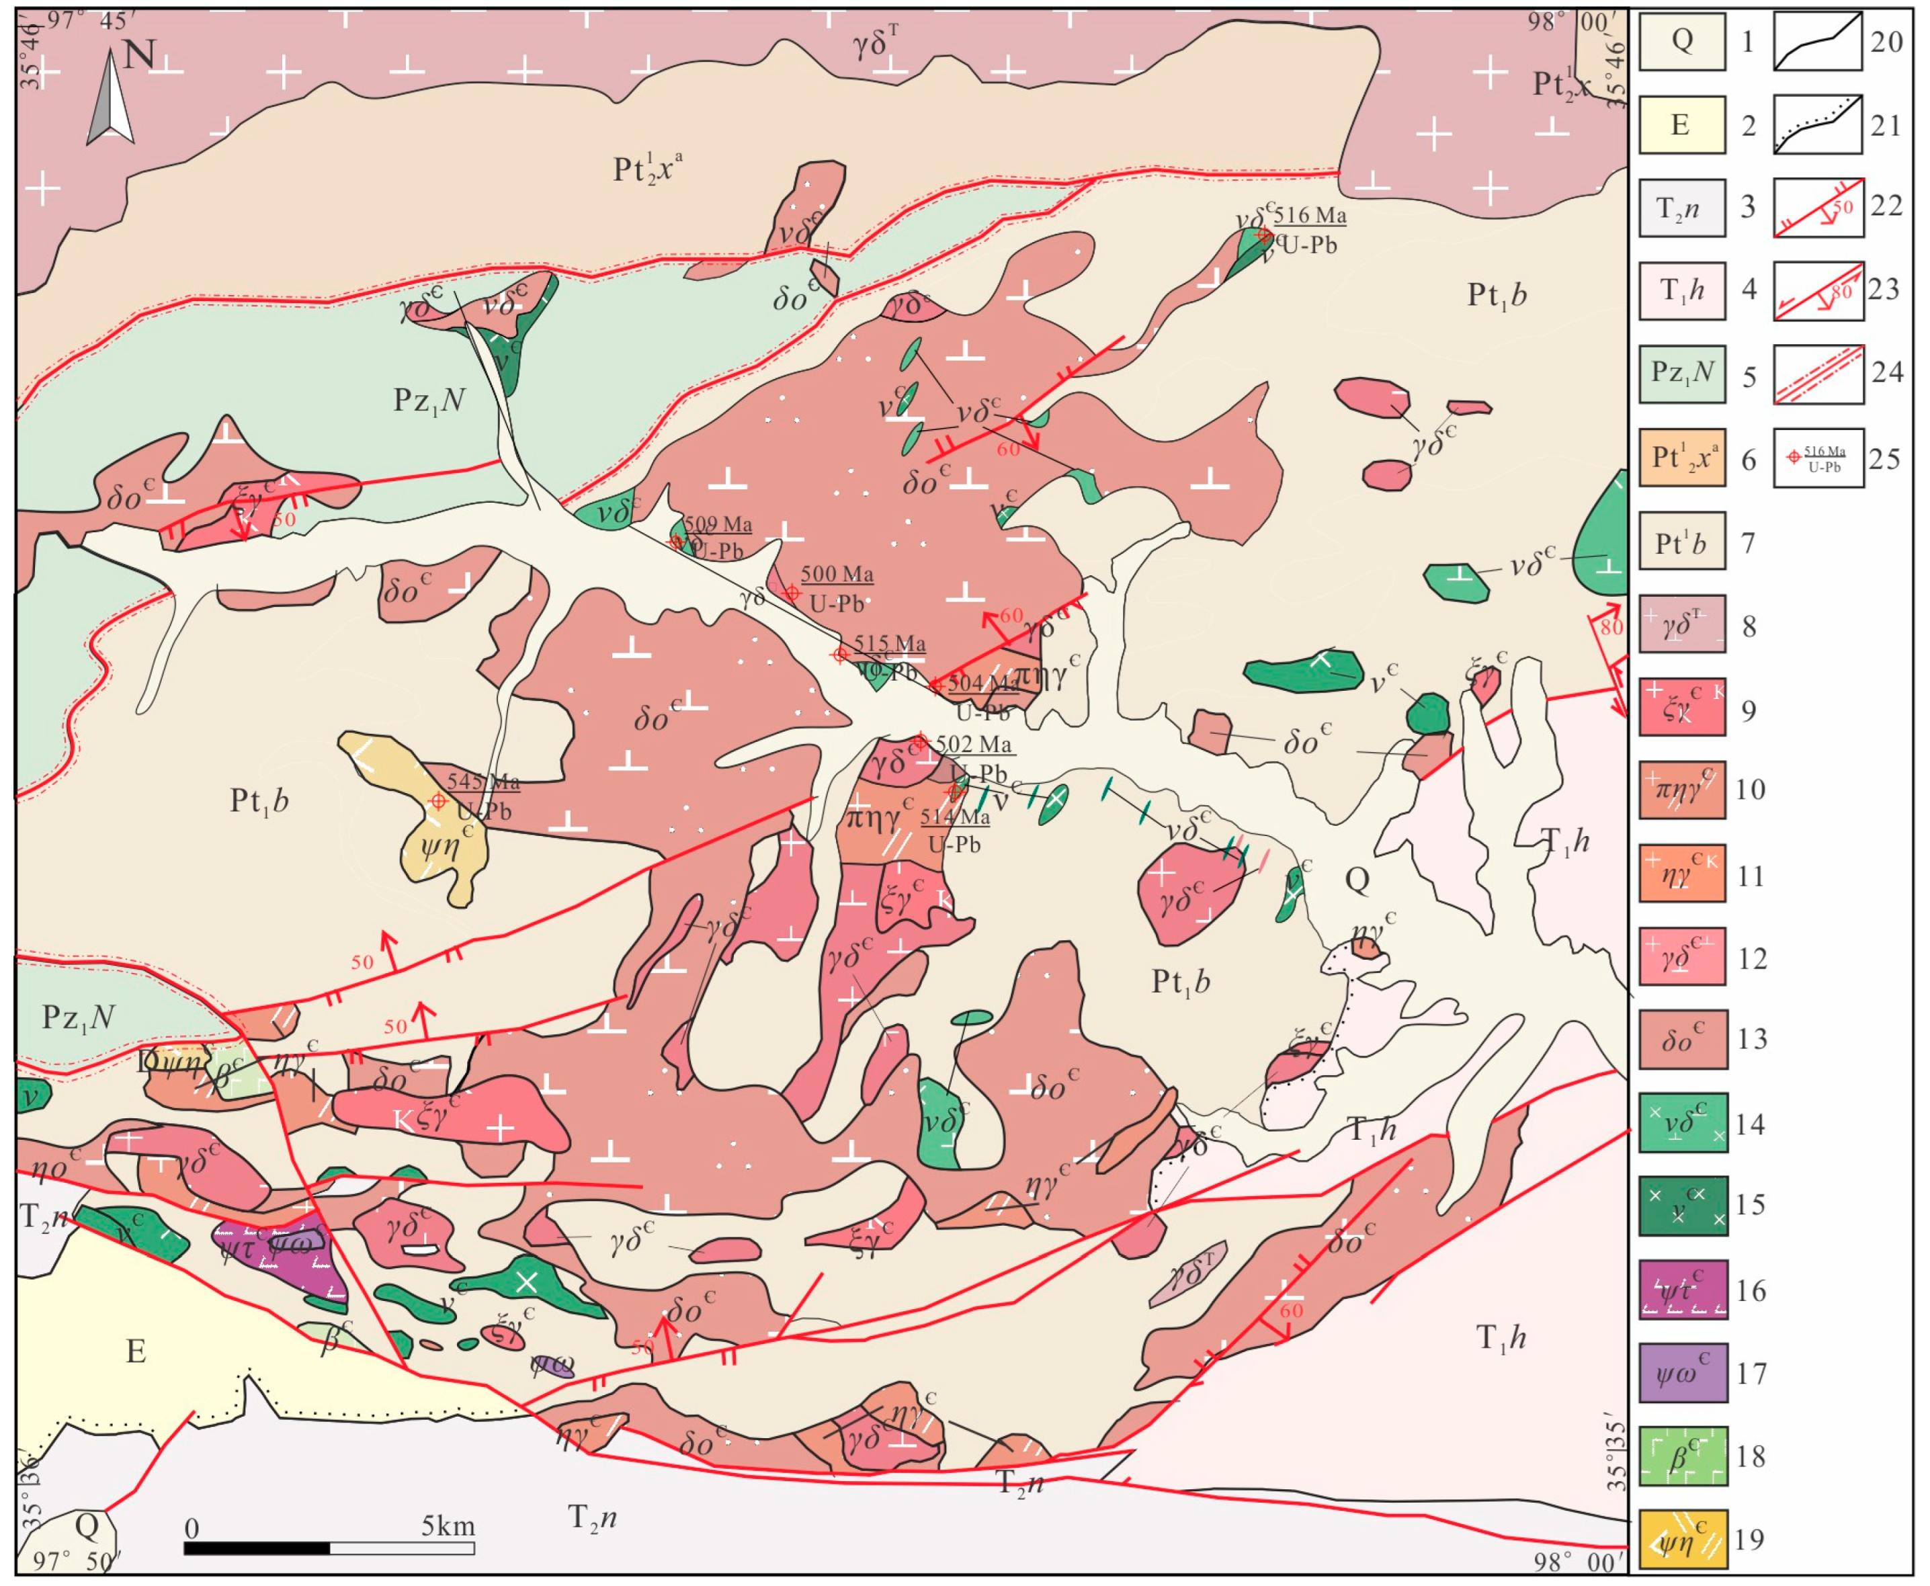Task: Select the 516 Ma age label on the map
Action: tap(1310, 216)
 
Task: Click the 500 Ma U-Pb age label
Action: tap(837, 575)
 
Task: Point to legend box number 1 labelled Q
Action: tap(1681, 41)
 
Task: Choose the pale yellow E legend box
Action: tap(1681, 125)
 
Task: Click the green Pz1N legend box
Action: tap(1681, 373)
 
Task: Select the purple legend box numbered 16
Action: tap(1681, 1289)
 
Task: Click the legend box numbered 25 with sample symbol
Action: tap(1818, 458)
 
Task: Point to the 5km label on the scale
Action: tap(448, 1526)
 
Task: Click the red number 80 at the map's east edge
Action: tap(1611, 628)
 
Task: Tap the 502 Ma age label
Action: tap(973, 744)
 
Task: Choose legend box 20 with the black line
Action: tap(1818, 41)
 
